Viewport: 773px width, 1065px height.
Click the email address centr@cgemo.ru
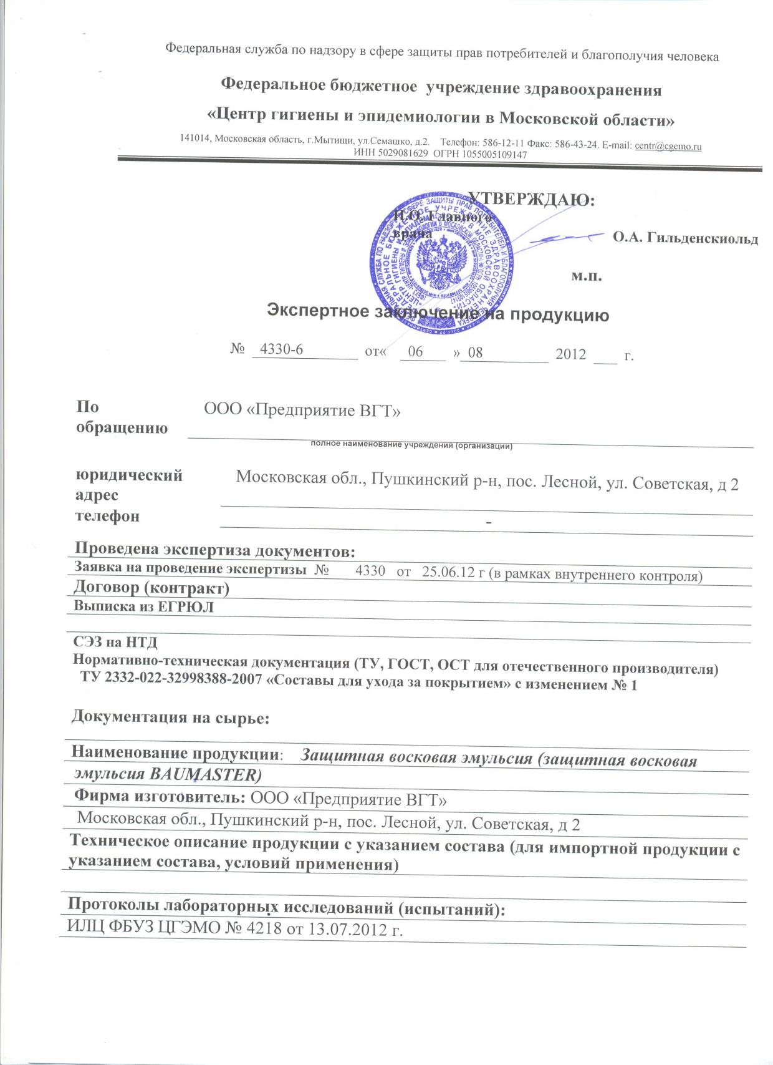[668, 146]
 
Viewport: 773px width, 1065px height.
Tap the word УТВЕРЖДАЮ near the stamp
[531, 199]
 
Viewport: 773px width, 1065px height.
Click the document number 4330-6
[281, 349]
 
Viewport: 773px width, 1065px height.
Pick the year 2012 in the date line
[570, 354]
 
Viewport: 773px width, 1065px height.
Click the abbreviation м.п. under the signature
[587, 276]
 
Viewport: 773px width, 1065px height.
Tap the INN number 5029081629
[402, 154]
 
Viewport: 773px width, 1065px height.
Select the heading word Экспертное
[317, 311]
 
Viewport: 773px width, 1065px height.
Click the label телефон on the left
[107, 516]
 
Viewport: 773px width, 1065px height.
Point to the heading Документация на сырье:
[170, 717]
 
